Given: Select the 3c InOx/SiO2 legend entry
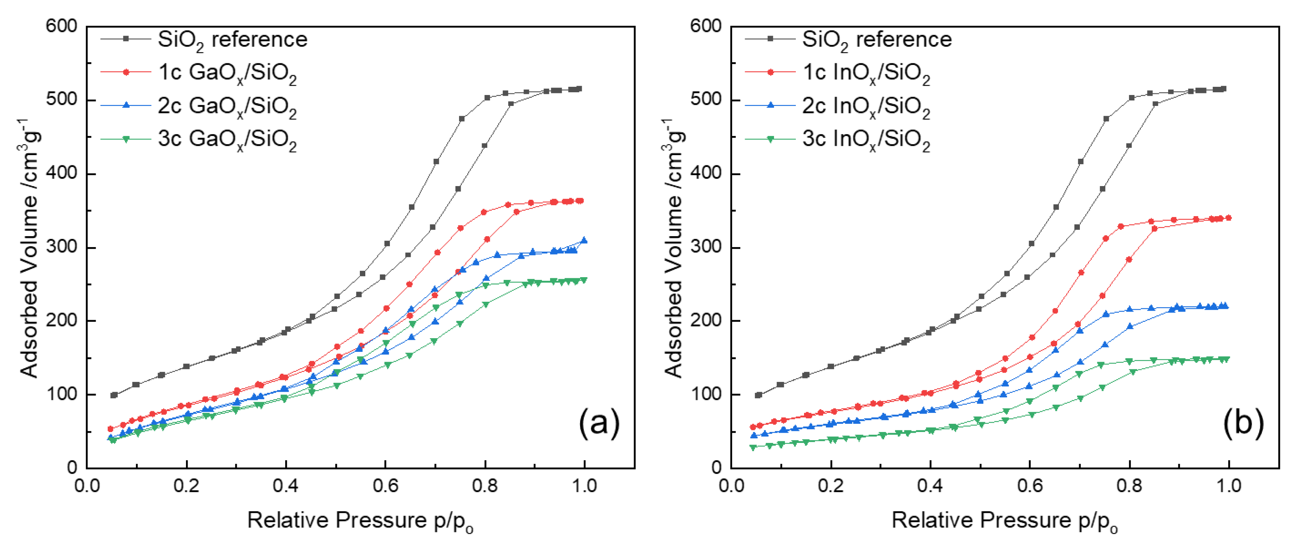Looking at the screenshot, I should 866,139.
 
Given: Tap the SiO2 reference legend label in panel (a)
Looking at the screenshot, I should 232,39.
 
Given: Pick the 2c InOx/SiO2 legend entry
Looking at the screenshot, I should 866,106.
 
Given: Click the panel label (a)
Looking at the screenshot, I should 599,423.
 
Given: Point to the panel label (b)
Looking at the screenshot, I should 1243,423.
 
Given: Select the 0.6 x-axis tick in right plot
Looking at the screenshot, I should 1030,486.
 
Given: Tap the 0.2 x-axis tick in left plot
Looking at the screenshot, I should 187,486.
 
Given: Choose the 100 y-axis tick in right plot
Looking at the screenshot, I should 706,394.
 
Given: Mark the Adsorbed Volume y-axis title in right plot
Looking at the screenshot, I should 674,248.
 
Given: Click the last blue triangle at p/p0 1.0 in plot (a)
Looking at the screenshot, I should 584,240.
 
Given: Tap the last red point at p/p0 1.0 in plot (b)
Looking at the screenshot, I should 1228,218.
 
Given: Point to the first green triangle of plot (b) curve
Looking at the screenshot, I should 753,448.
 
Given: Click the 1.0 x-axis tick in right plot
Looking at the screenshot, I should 1229,486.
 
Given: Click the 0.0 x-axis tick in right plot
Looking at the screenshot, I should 731,486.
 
